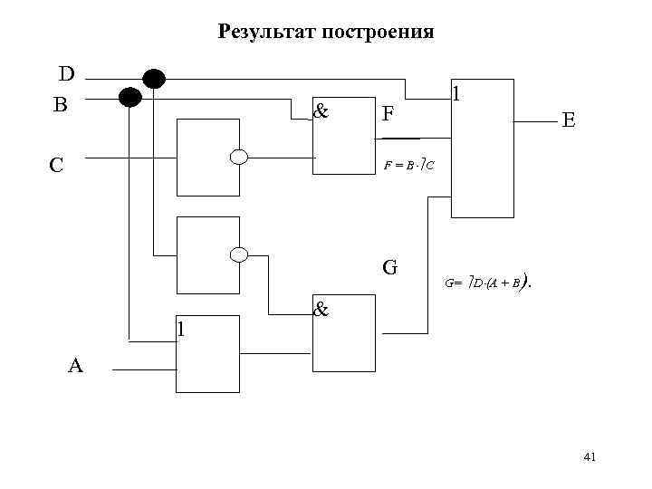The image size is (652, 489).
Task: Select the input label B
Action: (x=60, y=104)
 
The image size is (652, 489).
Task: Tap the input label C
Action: (x=56, y=165)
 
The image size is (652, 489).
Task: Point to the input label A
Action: (x=75, y=366)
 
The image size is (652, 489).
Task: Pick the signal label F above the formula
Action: (x=388, y=113)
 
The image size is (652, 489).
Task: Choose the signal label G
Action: (x=390, y=267)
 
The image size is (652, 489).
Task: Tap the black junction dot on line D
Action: (x=154, y=79)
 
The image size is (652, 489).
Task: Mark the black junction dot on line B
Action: (x=131, y=96)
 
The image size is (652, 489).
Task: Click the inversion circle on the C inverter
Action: (x=239, y=157)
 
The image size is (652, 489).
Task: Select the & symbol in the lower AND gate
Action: (x=320, y=309)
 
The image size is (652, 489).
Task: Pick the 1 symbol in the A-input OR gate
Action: (x=182, y=328)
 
